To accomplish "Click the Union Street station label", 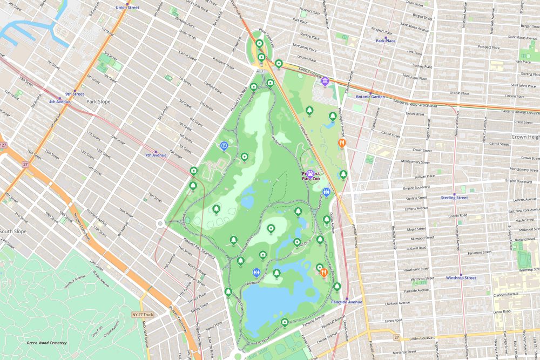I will tap(127, 8).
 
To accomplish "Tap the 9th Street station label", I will tap(75, 94).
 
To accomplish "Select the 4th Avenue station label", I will tap(59, 101).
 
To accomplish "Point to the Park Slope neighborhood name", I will tap(98, 101).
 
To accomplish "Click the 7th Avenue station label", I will tap(156, 155).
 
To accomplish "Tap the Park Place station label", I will tap(386, 40).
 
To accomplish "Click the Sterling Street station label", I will tap(454, 198).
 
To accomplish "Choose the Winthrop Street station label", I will tap(461, 278).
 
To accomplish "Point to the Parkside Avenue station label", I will tap(347, 302).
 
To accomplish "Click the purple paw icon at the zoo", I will tap(311, 174).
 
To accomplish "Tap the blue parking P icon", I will tap(224, 145).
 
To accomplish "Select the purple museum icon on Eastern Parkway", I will tap(325, 81).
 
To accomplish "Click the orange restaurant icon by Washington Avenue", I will tap(341, 143).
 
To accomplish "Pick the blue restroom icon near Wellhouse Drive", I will tap(256, 273).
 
